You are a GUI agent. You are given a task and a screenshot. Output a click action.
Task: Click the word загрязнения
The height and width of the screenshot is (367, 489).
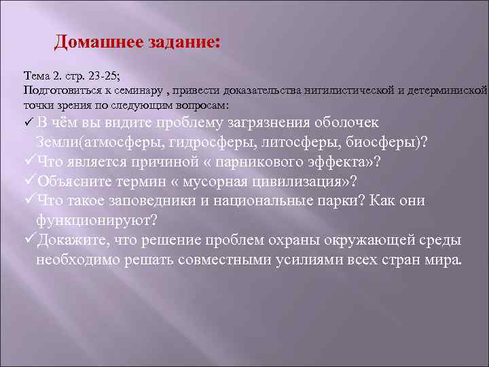click(295, 123)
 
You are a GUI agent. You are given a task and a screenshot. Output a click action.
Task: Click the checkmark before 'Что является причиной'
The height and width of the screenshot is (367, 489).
click(29, 162)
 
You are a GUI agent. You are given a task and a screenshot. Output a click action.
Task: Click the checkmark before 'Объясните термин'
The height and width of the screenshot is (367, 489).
click(29, 182)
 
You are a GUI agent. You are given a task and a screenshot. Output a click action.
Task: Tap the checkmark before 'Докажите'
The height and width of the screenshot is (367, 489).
click(29, 241)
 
